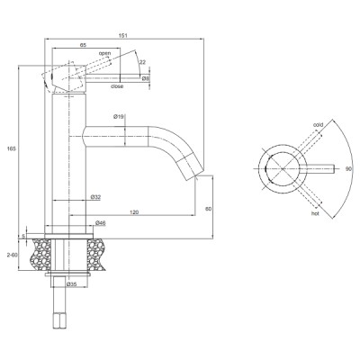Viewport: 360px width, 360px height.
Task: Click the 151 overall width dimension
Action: [124, 35]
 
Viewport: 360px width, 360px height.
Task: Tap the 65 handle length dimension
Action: [83, 45]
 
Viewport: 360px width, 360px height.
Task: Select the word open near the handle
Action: [104, 53]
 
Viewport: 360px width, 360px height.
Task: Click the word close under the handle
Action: [117, 86]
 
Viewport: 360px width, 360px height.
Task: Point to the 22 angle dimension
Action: [142, 62]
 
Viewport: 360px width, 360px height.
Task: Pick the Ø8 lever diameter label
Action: [146, 78]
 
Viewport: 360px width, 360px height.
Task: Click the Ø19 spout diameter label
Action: [119, 117]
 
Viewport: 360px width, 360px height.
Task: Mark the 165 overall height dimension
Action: [12, 148]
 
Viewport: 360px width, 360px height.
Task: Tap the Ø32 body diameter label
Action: [95, 197]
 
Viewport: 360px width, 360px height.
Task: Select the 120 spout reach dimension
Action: [134, 212]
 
